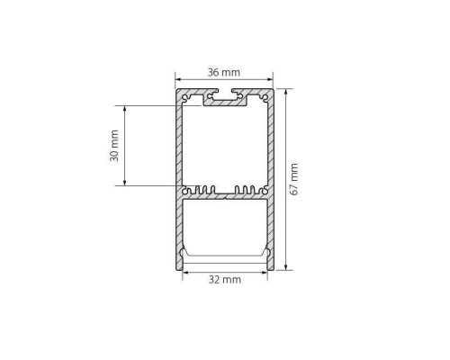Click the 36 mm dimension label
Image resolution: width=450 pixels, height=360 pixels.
tap(223, 71)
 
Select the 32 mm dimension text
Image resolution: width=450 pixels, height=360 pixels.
tap(224, 280)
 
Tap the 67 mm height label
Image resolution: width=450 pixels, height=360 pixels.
tap(293, 179)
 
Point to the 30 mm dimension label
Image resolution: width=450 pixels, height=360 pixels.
tap(114, 146)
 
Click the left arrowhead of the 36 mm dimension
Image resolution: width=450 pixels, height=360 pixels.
tap(178, 79)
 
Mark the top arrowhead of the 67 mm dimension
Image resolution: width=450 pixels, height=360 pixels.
tap(286, 92)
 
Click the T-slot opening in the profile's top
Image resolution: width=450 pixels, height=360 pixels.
tap(225, 93)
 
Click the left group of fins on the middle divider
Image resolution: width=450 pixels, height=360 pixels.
tap(202, 190)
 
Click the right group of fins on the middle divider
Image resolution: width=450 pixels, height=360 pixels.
tap(247, 190)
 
